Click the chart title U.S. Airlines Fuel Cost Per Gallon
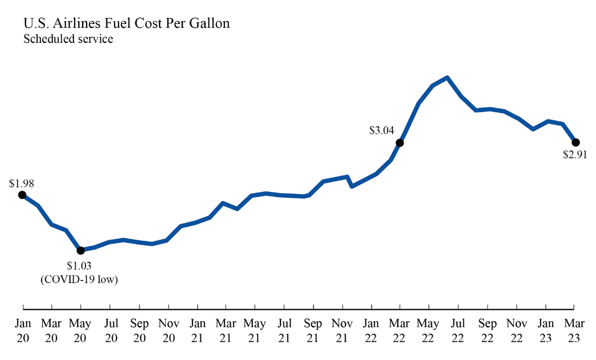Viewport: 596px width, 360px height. (x=126, y=23)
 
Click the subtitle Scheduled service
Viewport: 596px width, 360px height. (x=68, y=39)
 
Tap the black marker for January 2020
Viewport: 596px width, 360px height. (x=22, y=195)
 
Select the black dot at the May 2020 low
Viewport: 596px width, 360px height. (x=81, y=250)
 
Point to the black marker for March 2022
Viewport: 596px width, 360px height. (x=400, y=143)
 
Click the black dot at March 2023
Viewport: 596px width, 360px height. (x=575, y=142)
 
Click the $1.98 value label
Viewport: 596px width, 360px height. (x=21, y=184)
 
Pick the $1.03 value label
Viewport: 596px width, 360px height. (x=79, y=267)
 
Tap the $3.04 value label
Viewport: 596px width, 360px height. (x=382, y=131)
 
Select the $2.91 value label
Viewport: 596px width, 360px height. (x=575, y=155)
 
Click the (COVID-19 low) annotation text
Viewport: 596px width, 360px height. (x=79, y=280)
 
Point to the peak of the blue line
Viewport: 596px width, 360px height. (x=447, y=78)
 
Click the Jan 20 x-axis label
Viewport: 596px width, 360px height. (x=23, y=331)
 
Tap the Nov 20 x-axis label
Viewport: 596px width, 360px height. (x=169, y=331)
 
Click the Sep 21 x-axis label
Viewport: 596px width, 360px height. (x=313, y=331)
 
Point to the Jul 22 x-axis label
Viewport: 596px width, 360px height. (x=458, y=331)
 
